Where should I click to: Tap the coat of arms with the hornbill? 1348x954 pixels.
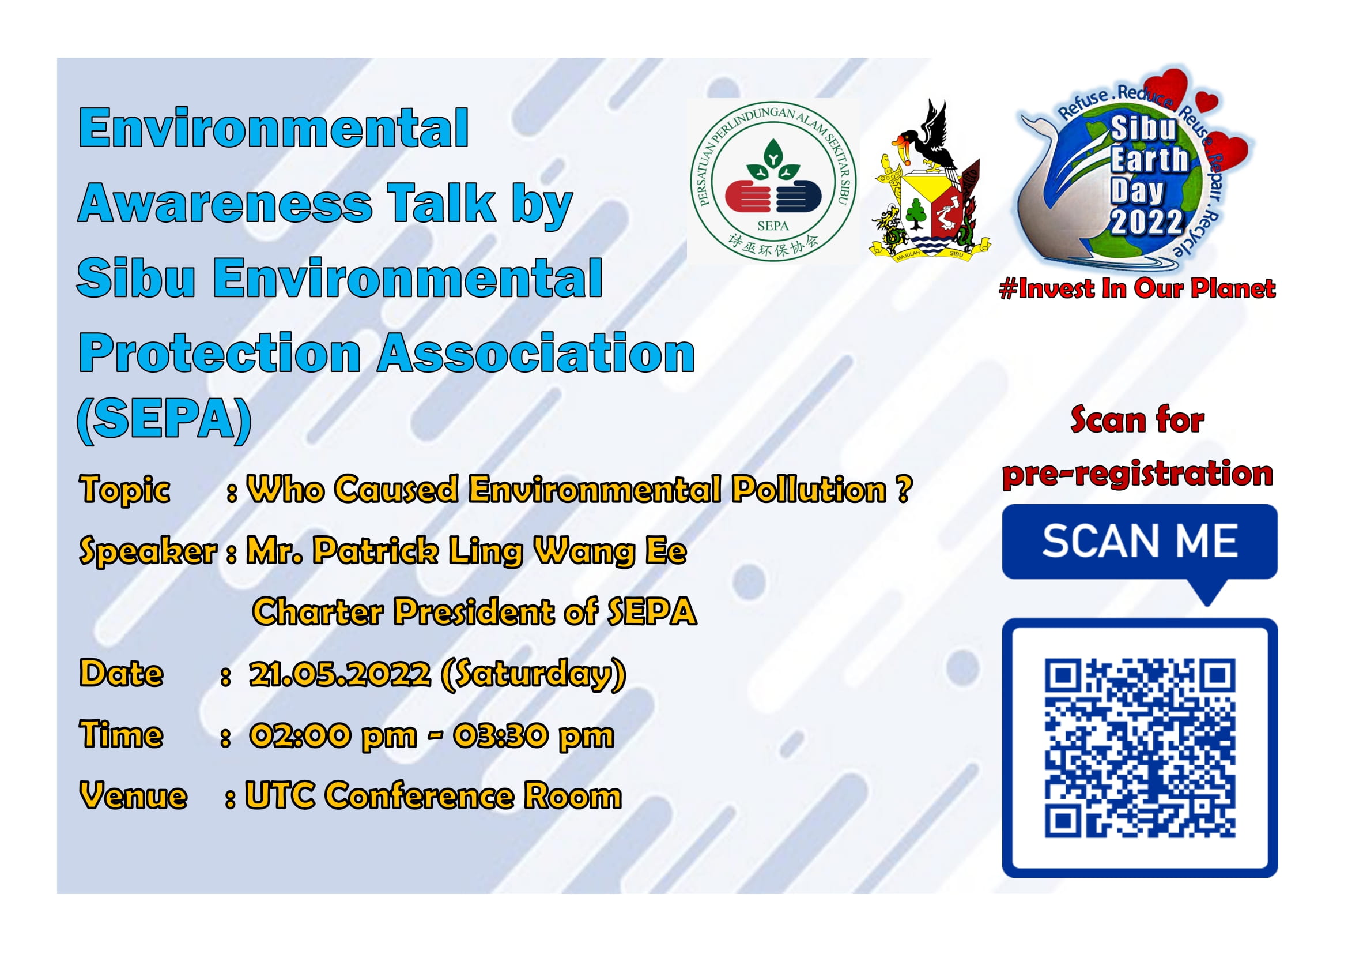tap(930, 181)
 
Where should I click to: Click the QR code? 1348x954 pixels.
tap(1140, 748)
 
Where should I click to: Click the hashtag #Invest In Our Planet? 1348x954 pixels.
tap(1137, 288)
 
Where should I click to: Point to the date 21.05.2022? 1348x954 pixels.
tap(340, 673)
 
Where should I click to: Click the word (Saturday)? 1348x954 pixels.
tap(533, 674)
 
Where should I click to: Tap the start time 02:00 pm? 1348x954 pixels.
tap(333, 736)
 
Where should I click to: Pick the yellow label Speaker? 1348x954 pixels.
tap(148, 551)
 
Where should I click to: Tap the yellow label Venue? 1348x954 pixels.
tap(133, 796)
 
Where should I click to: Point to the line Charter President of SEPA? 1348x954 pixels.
tap(474, 611)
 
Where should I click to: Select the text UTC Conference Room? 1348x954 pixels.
tap(433, 795)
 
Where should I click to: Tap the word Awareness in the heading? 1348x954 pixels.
tap(225, 202)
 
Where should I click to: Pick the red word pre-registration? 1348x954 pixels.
tap(1137, 474)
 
